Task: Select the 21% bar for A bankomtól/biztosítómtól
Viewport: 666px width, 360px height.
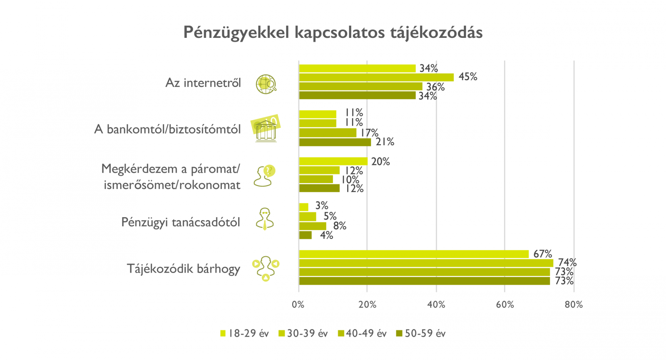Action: (x=335, y=142)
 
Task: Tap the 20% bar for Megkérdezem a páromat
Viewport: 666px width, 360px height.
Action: (x=333, y=161)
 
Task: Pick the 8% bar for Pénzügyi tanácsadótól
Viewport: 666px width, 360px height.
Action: (x=313, y=226)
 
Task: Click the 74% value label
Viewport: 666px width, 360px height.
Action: (x=567, y=263)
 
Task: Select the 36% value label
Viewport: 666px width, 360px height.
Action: (x=435, y=87)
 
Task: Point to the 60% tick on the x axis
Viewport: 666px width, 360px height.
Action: (x=505, y=305)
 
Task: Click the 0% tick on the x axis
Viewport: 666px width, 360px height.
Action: (x=298, y=305)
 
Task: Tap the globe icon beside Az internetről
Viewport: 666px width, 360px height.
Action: (x=266, y=84)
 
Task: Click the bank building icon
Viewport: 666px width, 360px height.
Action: (x=265, y=129)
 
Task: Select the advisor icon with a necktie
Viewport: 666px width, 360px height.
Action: (x=265, y=219)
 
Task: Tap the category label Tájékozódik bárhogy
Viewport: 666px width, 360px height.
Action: (x=184, y=269)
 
